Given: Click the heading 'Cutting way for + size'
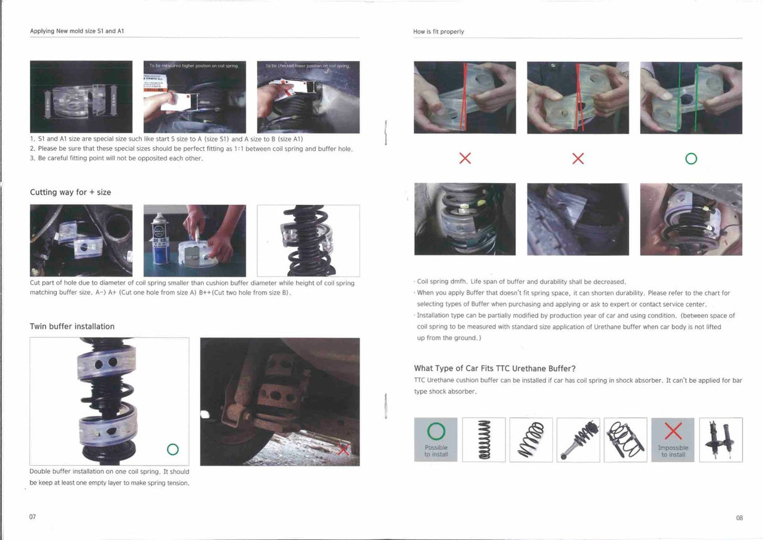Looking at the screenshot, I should coord(70,192).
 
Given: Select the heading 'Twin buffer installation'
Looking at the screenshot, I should coord(72,326).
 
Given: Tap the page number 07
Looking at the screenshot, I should coord(33,517).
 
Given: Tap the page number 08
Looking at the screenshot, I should coord(739,518).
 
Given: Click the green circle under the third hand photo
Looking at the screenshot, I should coord(691,159).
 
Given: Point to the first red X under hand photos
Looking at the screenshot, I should coord(465,158).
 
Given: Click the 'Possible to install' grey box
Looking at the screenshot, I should coord(436,440).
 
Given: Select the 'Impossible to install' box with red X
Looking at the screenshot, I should coord(672,440).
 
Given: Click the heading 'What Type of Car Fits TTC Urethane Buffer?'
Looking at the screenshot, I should coord(495,368).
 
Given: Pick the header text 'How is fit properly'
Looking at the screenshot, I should coord(439,31).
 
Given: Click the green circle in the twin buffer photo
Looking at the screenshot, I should coord(173,449).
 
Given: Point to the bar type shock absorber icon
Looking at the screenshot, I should coord(721,439).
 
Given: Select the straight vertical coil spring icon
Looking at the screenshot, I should coord(483,439).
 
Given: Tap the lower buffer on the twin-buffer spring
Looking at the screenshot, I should coord(107,431).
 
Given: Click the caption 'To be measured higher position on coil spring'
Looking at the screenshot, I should coord(194,65).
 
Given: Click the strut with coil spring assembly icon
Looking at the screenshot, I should coord(578,439).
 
